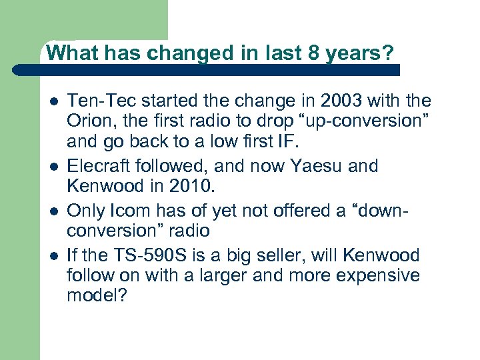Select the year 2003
(343, 101)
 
